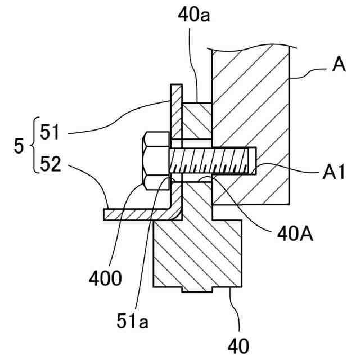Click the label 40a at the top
click(x=193, y=16)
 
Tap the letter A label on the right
click(x=339, y=65)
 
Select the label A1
click(x=334, y=172)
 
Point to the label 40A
click(x=295, y=234)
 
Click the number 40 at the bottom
click(x=238, y=346)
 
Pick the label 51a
click(x=132, y=321)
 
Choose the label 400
click(x=105, y=278)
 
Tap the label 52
click(x=50, y=164)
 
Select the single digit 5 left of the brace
click(x=19, y=146)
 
